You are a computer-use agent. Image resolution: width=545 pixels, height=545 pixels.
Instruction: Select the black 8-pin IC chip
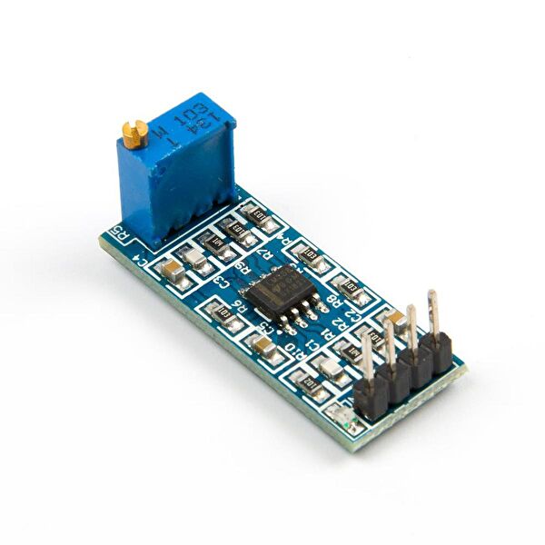[x=282, y=290]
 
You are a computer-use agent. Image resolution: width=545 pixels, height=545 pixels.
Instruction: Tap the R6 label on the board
[x=242, y=309]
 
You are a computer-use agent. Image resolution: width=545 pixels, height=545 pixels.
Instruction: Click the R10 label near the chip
[x=292, y=348]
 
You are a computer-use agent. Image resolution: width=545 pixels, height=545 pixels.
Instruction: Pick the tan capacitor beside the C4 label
[x=172, y=267]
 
